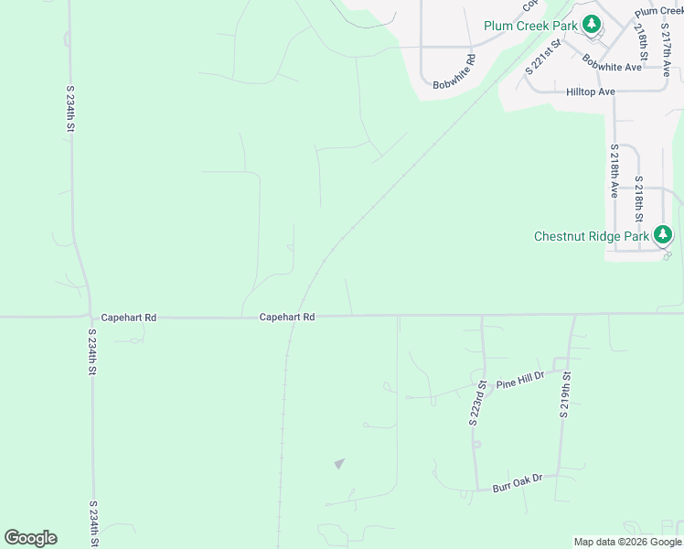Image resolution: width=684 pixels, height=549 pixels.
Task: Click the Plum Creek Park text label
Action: click(530, 26)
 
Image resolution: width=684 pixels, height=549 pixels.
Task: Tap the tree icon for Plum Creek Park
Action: click(592, 25)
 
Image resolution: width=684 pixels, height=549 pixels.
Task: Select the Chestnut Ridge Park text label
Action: click(591, 236)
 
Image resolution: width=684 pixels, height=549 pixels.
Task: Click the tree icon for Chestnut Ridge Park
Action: click(663, 235)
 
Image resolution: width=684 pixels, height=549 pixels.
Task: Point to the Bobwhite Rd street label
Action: click(454, 72)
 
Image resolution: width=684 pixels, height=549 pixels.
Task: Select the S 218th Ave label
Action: click(614, 171)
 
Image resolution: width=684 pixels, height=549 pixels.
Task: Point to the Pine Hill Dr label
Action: click(519, 382)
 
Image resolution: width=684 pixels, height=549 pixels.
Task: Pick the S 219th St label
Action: click(566, 395)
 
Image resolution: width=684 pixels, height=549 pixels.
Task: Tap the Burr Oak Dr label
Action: click(517, 479)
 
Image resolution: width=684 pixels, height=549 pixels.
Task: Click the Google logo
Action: click(30, 538)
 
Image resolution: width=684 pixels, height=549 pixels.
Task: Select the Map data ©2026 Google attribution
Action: click(627, 542)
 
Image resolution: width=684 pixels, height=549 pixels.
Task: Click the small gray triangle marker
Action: click(339, 464)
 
